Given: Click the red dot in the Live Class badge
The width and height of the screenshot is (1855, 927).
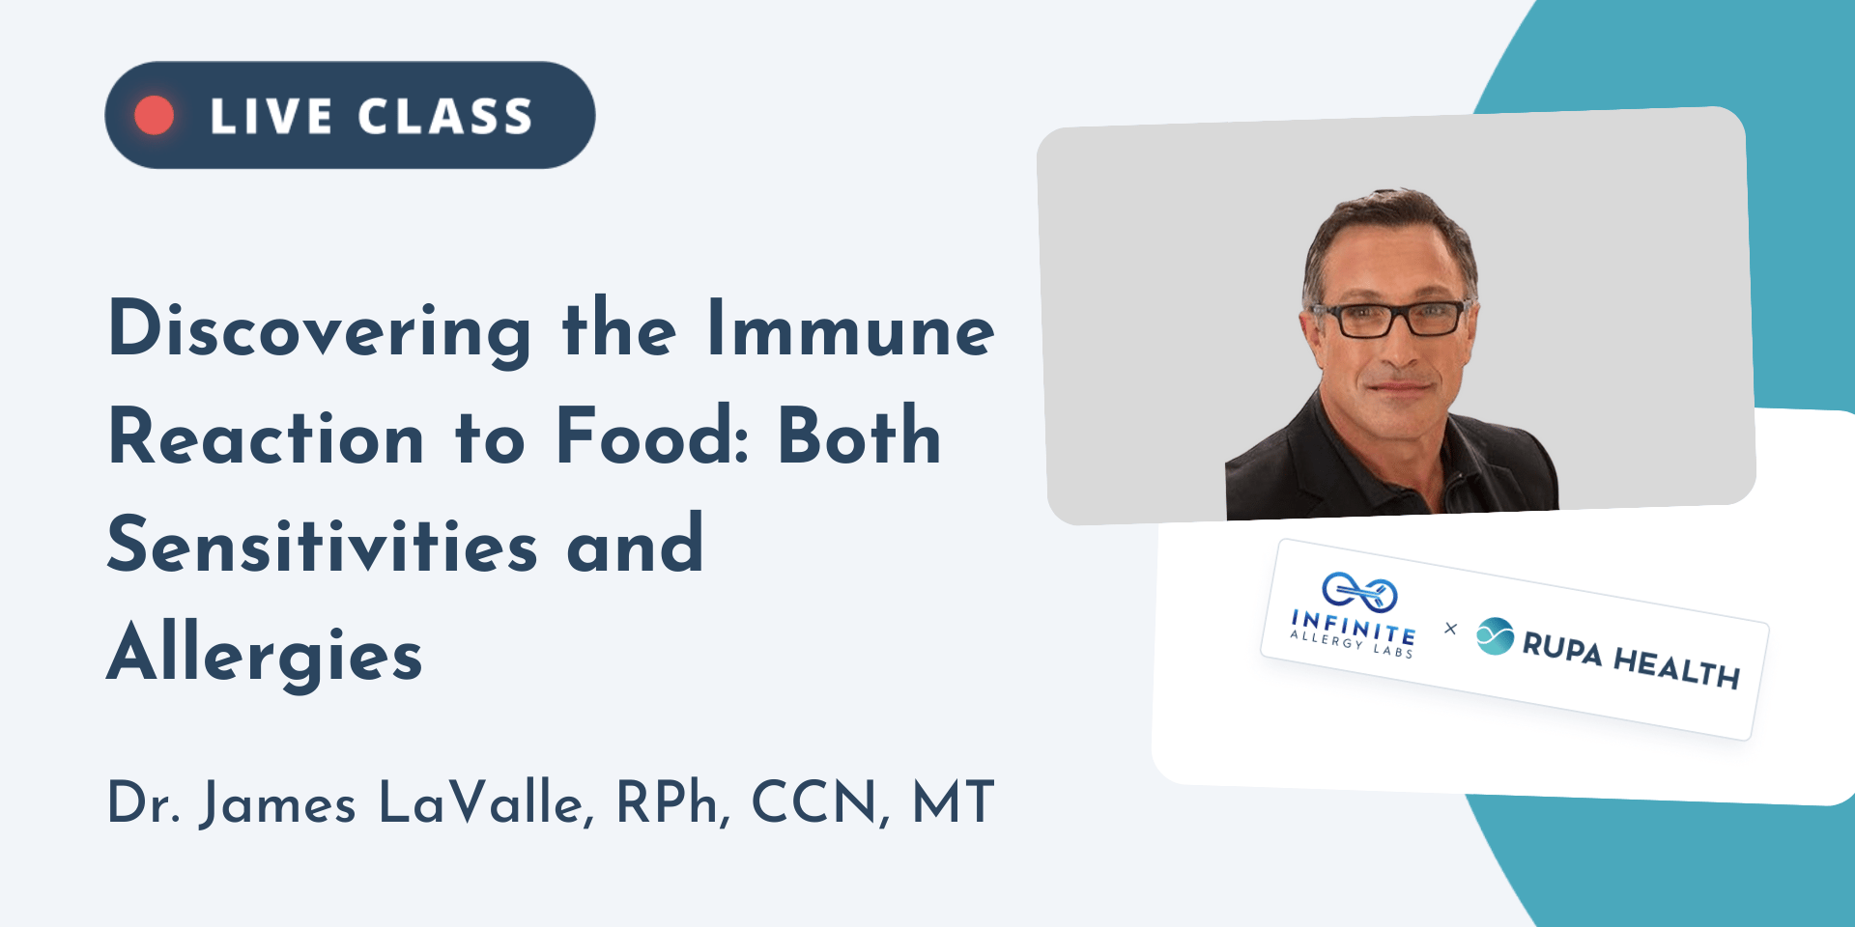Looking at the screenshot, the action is tap(155, 115).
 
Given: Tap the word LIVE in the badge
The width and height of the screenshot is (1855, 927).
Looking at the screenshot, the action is tap(271, 117).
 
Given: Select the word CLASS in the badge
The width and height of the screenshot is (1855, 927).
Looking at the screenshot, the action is tap(445, 117).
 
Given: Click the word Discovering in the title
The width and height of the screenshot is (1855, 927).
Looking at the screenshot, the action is tap(320, 331).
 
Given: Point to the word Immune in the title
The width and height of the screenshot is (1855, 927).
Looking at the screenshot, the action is tap(850, 328).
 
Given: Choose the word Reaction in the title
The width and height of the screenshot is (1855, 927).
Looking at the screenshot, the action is tap(267, 436).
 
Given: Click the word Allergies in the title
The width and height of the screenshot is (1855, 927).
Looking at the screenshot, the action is tap(265, 654).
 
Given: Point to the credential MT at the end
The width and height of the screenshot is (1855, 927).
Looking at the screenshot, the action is tap(953, 801).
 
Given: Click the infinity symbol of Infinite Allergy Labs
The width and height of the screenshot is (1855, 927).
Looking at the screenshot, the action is tap(1359, 591).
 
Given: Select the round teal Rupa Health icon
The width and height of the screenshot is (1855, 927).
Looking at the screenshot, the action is tap(1495, 636).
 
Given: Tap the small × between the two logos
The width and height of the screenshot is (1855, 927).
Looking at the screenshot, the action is tap(1450, 629).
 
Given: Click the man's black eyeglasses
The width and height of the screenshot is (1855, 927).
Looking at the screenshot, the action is tap(1395, 319).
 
